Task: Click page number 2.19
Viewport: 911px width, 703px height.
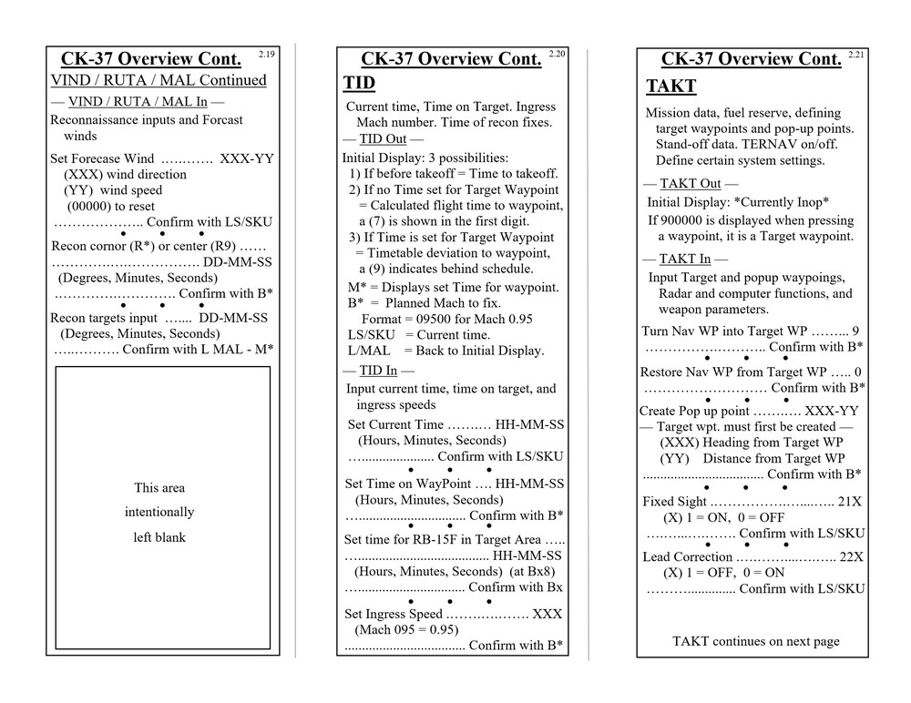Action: point(266,55)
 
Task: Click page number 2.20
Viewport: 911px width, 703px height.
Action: point(557,55)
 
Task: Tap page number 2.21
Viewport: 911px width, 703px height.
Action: point(856,55)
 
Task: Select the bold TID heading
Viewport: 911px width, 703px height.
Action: point(359,84)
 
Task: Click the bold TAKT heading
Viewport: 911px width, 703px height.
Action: point(670,87)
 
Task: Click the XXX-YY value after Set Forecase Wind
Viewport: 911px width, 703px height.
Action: point(246,158)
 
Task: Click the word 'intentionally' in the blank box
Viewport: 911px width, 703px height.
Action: point(159,512)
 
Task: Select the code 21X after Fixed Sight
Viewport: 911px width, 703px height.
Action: point(852,502)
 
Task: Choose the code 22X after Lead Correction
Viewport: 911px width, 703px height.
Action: point(852,556)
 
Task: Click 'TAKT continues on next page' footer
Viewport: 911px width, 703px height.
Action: point(755,641)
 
